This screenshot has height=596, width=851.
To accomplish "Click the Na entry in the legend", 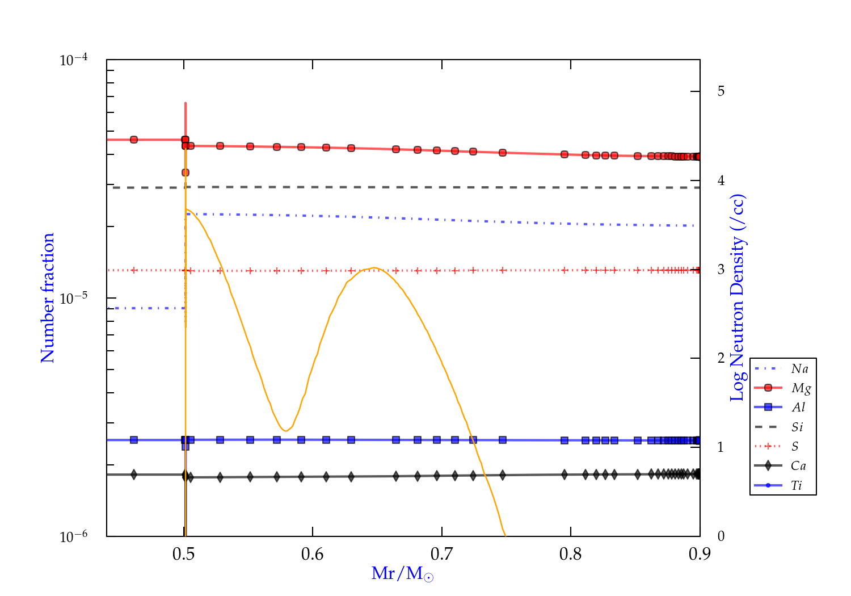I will (799, 369).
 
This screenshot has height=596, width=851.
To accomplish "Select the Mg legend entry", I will (801, 388).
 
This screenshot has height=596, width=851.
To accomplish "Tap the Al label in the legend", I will (798, 408).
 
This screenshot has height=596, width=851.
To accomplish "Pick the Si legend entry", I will (797, 427).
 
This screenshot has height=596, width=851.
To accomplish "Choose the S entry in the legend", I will (795, 447).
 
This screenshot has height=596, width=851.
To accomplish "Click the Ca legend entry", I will (798, 466).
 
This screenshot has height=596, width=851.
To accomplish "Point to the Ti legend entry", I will (797, 485).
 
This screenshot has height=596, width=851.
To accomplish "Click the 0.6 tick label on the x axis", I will (313, 554).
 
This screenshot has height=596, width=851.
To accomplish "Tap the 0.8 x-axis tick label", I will (571, 554).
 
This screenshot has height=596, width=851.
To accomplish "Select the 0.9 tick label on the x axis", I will (700, 554).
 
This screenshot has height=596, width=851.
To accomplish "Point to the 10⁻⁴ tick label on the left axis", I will (73, 60).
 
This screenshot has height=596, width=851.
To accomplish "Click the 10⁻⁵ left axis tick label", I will (73, 298).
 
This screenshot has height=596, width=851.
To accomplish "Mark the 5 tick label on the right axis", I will (721, 91).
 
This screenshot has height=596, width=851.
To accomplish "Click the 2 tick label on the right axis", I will (721, 358).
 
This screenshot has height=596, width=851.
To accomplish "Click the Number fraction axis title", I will (48, 298).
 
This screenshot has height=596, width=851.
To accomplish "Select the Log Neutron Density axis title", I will (738, 298).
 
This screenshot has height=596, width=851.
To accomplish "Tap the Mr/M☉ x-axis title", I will (403, 574).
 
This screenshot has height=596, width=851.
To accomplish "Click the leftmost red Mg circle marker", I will (134, 140).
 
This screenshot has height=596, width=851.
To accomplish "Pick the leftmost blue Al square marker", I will (134, 440).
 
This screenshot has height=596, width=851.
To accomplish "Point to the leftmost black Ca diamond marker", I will (134, 475).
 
